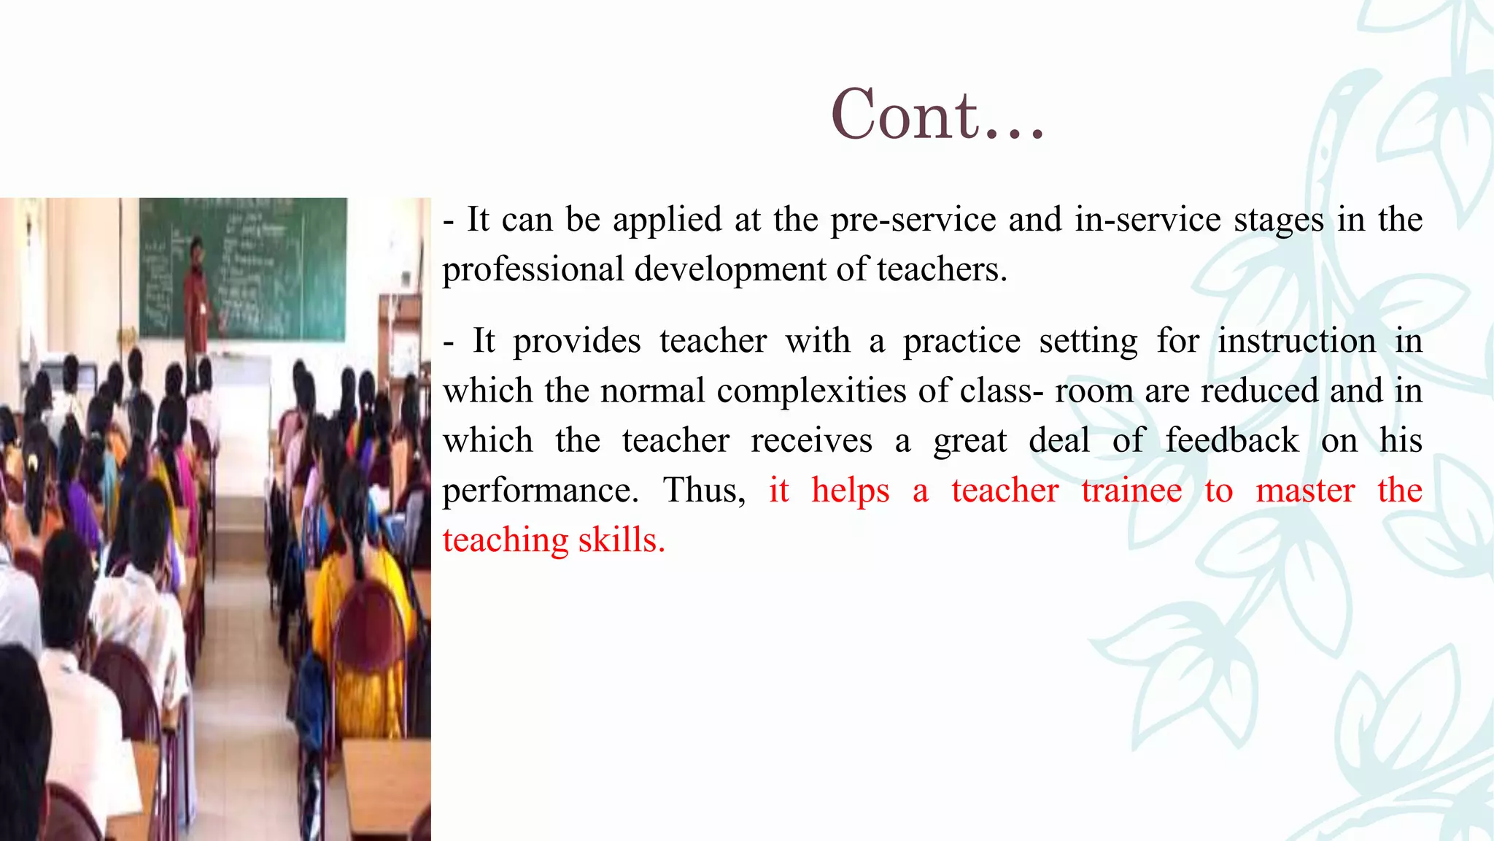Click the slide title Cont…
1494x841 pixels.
(x=938, y=115)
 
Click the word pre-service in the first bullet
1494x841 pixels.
(x=913, y=220)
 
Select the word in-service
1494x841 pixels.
(x=1147, y=220)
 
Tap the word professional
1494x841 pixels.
(x=533, y=270)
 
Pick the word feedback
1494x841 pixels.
(x=1231, y=440)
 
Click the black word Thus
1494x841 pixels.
(x=703, y=490)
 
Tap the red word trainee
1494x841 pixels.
(x=1131, y=490)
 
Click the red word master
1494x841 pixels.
(x=1305, y=490)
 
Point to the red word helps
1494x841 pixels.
(x=851, y=490)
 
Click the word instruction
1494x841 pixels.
(x=1296, y=341)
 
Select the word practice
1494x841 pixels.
(x=961, y=341)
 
